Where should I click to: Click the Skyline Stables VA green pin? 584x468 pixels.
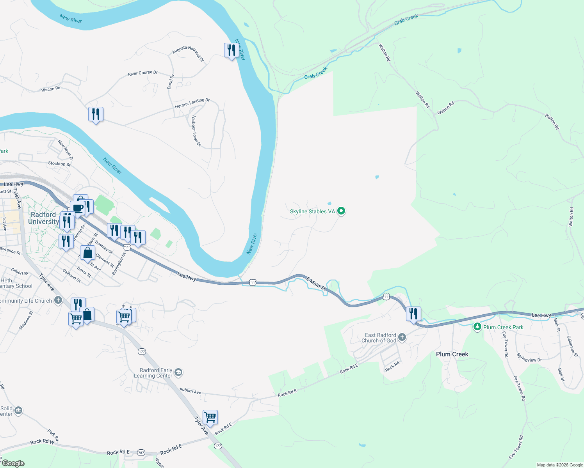click(341, 211)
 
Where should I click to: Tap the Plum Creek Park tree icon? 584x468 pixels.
click(477, 327)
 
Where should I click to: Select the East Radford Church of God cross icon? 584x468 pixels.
click(402, 337)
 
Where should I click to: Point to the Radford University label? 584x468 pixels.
click(43, 218)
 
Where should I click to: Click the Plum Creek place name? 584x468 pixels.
click(452, 354)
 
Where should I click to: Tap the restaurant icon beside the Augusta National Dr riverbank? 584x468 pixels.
click(231, 50)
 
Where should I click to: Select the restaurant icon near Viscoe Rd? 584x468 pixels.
click(96, 114)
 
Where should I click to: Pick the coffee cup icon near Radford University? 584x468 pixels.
click(78, 208)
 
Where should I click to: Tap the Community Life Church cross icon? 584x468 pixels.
click(58, 300)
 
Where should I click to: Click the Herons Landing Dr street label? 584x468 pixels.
click(192, 103)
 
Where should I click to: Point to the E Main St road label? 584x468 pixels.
click(316, 283)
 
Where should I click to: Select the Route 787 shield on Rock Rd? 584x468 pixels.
click(141, 453)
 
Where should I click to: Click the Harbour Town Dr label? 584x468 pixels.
click(196, 131)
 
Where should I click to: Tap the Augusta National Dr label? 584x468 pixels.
click(188, 53)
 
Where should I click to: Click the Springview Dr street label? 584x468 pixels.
click(529, 358)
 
